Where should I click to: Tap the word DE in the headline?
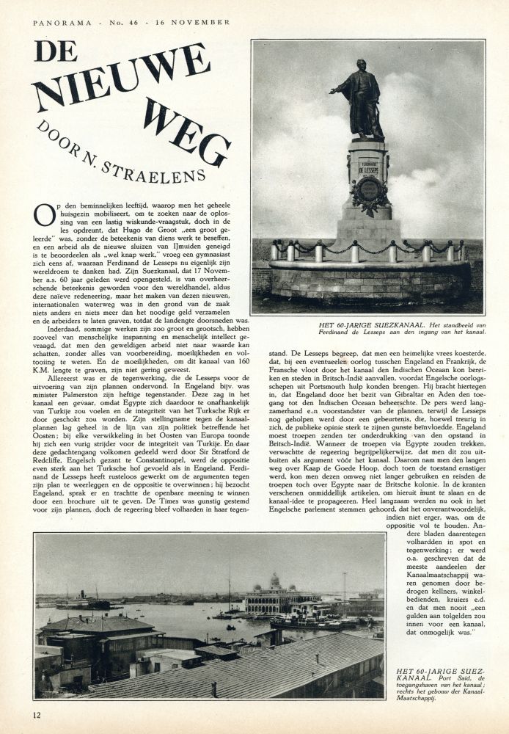pyautogui.click(x=55, y=51)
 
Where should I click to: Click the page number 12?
pyautogui.click(x=37, y=714)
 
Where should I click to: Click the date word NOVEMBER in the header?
pyautogui.click(x=202, y=23)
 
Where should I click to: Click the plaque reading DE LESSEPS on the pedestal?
pyautogui.click(x=367, y=166)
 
